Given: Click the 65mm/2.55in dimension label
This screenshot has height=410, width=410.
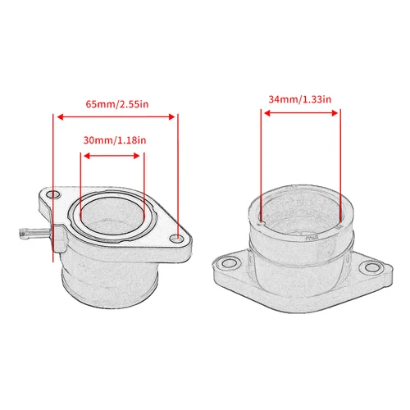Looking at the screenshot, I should [x=115, y=104].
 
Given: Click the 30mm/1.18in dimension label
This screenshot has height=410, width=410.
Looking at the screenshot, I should [x=114, y=140].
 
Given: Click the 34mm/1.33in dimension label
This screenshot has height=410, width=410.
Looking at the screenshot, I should [x=299, y=99].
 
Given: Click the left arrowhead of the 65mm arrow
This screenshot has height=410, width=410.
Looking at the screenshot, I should [x=56, y=116].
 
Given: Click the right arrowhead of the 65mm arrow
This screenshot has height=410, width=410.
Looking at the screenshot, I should [x=175, y=116].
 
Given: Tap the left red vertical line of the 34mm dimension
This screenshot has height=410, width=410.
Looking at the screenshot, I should [x=261, y=164].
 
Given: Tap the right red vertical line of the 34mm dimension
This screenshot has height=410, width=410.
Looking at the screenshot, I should [x=339, y=164].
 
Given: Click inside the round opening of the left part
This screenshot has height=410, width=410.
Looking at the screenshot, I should [x=113, y=221].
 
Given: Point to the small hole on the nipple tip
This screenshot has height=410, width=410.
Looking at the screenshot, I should [x=17, y=232].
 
